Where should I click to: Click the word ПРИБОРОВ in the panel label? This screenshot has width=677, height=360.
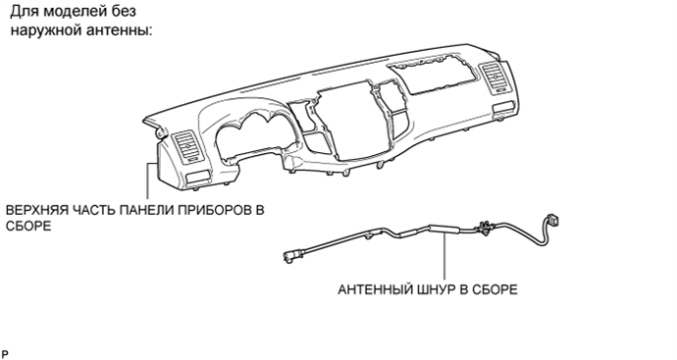(216, 211)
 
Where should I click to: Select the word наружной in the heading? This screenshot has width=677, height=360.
(43, 30)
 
